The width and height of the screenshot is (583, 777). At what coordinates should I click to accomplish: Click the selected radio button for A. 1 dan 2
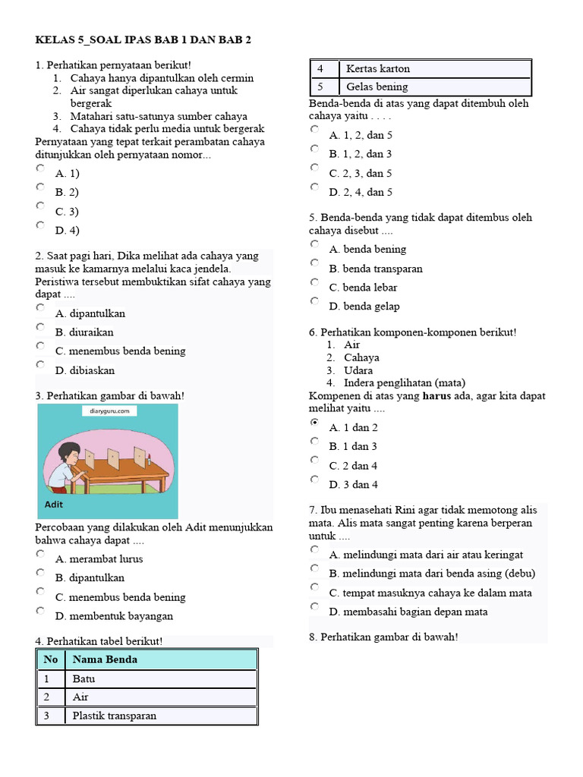(315, 423)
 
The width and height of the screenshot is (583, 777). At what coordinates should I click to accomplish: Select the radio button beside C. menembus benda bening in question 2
(41, 346)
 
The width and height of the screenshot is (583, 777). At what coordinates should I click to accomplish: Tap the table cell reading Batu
(84, 678)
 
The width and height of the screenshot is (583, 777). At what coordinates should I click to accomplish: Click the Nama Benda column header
(105, 659)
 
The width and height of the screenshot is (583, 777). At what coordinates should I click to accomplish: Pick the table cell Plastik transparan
(114, 716)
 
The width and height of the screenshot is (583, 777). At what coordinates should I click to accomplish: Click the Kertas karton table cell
(377, 68)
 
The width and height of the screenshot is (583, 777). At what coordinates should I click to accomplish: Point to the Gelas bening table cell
(377, 87)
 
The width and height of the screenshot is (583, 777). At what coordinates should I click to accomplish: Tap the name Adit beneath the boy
(54, 504)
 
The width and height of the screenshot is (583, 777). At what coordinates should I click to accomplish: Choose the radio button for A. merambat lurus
(41, 554)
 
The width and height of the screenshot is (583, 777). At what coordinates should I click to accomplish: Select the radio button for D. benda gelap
(315, 301)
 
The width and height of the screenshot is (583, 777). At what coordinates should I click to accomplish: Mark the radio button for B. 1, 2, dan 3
(315, 149)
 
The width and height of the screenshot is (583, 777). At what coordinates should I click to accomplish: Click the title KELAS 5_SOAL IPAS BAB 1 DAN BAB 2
(143, 39)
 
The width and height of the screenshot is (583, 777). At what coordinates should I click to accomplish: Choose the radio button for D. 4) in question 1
(41, 225)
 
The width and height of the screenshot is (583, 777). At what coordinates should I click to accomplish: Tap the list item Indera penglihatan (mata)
(405, 382)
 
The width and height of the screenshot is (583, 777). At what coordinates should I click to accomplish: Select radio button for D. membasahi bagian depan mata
(315, 606)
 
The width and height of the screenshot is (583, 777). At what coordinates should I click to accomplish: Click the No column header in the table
(51, 659)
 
